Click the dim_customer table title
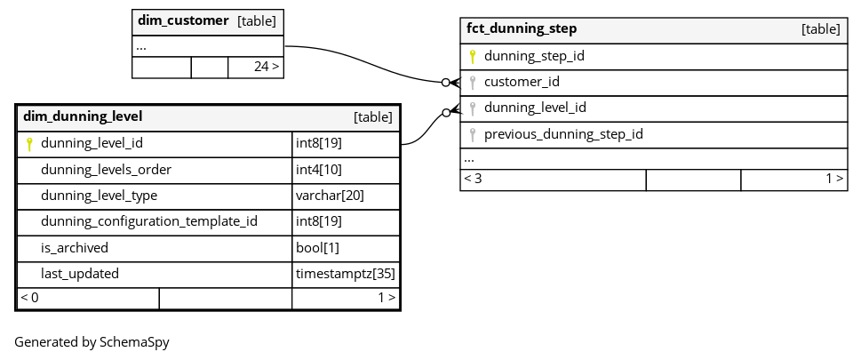click(183, 20)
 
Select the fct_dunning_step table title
click(522, 28)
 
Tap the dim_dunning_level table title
click(83, 116)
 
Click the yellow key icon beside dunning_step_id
click(472, 56)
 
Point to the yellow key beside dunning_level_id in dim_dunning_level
click(29, 144)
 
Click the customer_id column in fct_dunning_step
click(522, 82)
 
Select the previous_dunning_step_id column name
click(563, 134)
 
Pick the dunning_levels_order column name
click(106, 170)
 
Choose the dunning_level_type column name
click(99, 196)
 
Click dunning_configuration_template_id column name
click(149, 221)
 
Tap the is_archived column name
click(75, 248)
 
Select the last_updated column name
click(80, 274)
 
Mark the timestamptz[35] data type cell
click(346, 274)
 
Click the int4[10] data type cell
click(318, 170)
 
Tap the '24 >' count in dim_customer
click(267, 67)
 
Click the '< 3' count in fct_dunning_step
click(474, 179)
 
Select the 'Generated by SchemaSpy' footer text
click(92, 342)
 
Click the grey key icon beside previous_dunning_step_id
click(472, 134)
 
